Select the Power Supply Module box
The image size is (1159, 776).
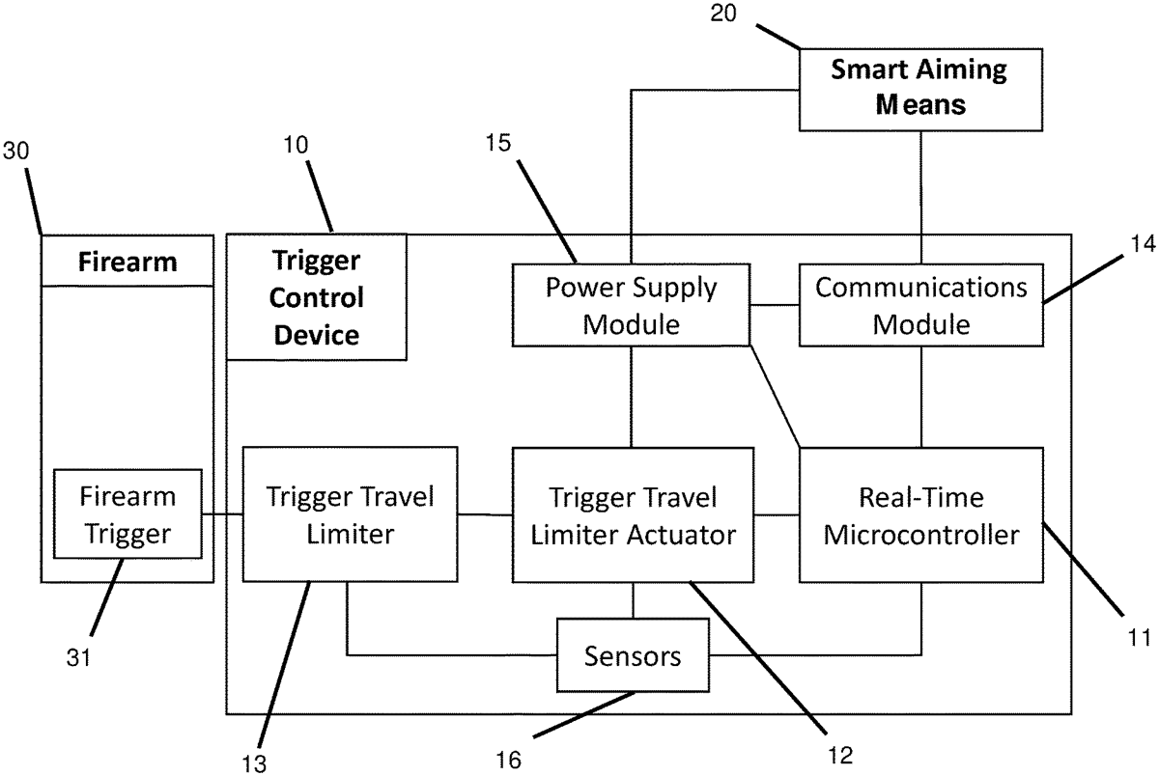pos(631,305)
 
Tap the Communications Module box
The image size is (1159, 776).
pos(920,305)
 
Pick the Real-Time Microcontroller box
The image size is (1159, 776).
pos(920,514)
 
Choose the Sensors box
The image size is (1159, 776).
pos(633,657)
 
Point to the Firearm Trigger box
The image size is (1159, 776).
pos(127,514)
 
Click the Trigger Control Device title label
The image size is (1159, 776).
pos(316,296)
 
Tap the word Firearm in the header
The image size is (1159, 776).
pos(127,261)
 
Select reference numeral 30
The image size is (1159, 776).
pos(16,152)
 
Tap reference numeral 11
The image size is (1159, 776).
pos(1140,638)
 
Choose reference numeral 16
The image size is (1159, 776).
pos(508,761)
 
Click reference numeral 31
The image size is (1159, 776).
pos(79,657)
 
